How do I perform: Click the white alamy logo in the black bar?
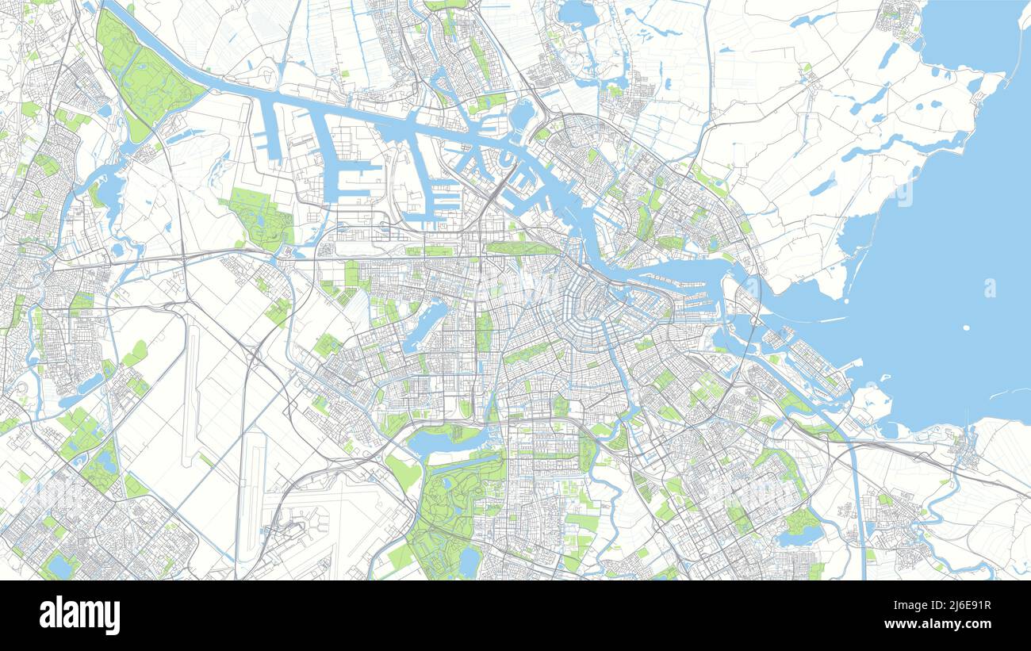[79, 615]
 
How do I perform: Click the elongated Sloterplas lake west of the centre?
[426, 324]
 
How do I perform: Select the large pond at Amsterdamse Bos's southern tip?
[470, 561]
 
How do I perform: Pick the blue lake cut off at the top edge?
[577, 13]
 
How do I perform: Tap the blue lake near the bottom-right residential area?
[799, 537]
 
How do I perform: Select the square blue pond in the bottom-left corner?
[59, 566]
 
